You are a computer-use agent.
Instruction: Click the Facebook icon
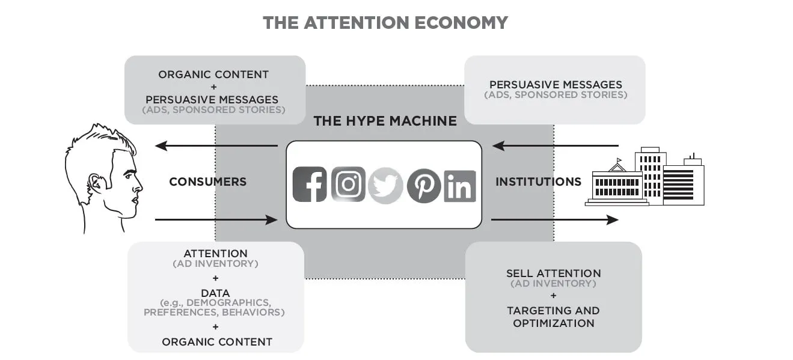click(x=310, y=184)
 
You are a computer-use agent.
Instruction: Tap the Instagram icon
click(x=348, y=184)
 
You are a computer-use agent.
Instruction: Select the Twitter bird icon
click(x=385, y=186)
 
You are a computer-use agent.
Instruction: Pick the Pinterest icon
click(x=424, y=186)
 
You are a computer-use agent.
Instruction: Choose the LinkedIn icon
click(x=460, y=186)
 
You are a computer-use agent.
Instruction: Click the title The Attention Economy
click(x=385, y=23)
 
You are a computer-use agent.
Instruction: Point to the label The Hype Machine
click(x=385, y=121)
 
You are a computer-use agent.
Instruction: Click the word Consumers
click(x=208, y=182)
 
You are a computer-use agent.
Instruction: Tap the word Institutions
click(x=539, y=182)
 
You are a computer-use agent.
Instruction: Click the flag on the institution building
click(x=619, y=160)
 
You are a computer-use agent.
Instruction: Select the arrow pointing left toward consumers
click(x=216, y=145)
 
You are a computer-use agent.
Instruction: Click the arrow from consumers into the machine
click(x=216, y=220)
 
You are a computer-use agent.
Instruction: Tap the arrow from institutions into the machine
click(x=556, y=145)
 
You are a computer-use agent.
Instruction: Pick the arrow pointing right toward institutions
click(x=555, y=220)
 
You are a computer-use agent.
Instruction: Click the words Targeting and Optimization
click(x=553, y=317)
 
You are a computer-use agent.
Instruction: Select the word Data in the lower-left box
click(x=215, y=293)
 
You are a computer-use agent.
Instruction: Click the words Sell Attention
click(x=553, y=273)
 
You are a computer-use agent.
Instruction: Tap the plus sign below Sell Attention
click(x=553, y=295)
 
